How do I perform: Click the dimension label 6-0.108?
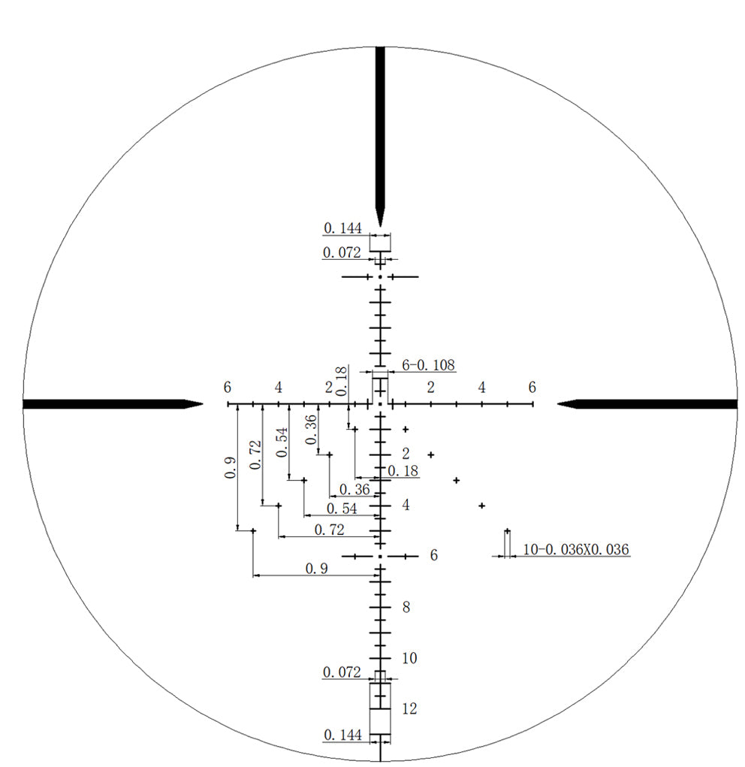(428, 365)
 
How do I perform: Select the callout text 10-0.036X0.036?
(576, 549)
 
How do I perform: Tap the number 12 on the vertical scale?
(409, 708)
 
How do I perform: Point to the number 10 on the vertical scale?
(409, 658)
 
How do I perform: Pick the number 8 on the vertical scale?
(406, 607)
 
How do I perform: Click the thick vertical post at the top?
(380, 137)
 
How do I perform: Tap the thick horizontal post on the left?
(113, 404)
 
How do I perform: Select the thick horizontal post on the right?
(647, 404)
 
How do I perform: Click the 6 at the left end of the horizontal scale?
(228, 388)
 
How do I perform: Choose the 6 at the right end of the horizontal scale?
(532, 388)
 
